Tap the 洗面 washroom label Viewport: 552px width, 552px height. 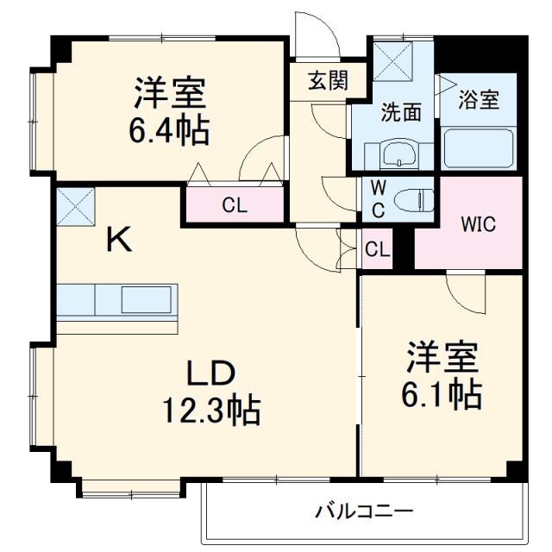click(401, 112)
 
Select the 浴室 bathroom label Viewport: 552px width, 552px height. click(477, 99)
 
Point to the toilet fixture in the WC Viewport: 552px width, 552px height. click(412, 200)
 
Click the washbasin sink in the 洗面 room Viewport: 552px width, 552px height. click(399, 156)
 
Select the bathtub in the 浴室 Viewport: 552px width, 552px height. click(479, 149)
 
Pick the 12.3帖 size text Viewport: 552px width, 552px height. click(211, 411)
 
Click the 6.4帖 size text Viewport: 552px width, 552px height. click(168, 131)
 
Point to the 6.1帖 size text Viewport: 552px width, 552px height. click(441, 394)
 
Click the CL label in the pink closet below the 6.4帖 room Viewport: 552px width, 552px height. click(233, 205)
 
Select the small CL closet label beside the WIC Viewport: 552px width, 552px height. click(377, 250)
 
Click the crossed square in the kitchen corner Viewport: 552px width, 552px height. click(75, 206)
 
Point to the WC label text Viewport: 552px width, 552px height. click(378, 198)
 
